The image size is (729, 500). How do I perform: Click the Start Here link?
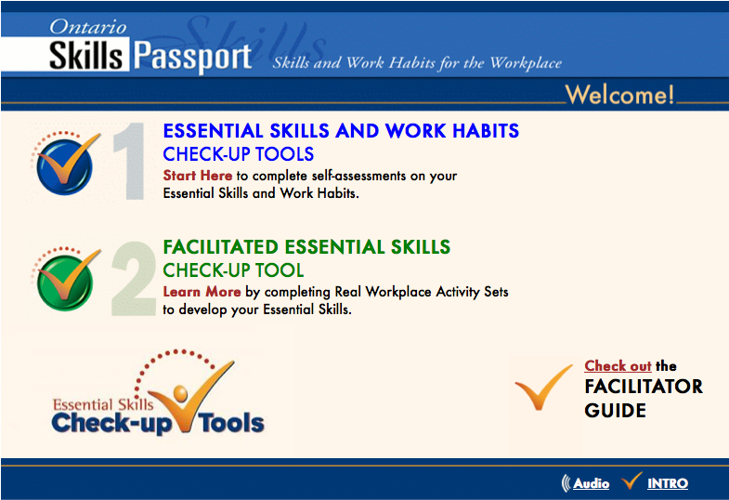click(197, 175)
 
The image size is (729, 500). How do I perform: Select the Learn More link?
click(202, 292)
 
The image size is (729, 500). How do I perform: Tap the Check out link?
click(618, 366)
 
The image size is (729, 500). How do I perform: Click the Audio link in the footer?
click(592, 483)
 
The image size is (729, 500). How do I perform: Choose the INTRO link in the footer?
click(668, 483)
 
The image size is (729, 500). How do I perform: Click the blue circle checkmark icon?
click(64, 162)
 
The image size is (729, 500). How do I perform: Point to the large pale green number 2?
click(133, 278)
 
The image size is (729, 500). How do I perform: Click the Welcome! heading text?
click(619, 95)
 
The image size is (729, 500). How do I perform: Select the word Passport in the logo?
click(192, 58)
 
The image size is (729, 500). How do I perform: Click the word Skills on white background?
click(86, 58)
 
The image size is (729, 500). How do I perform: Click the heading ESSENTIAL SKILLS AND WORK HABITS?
click(341, 131)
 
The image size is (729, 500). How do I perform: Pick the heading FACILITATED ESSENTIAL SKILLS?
click(306, 247)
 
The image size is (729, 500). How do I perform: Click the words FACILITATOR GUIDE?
click(644, 398)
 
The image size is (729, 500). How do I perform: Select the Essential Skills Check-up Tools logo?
click(158, 400)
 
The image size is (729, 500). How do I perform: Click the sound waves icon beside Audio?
click(565, 483)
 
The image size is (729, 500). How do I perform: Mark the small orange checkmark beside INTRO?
click(632, 480)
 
